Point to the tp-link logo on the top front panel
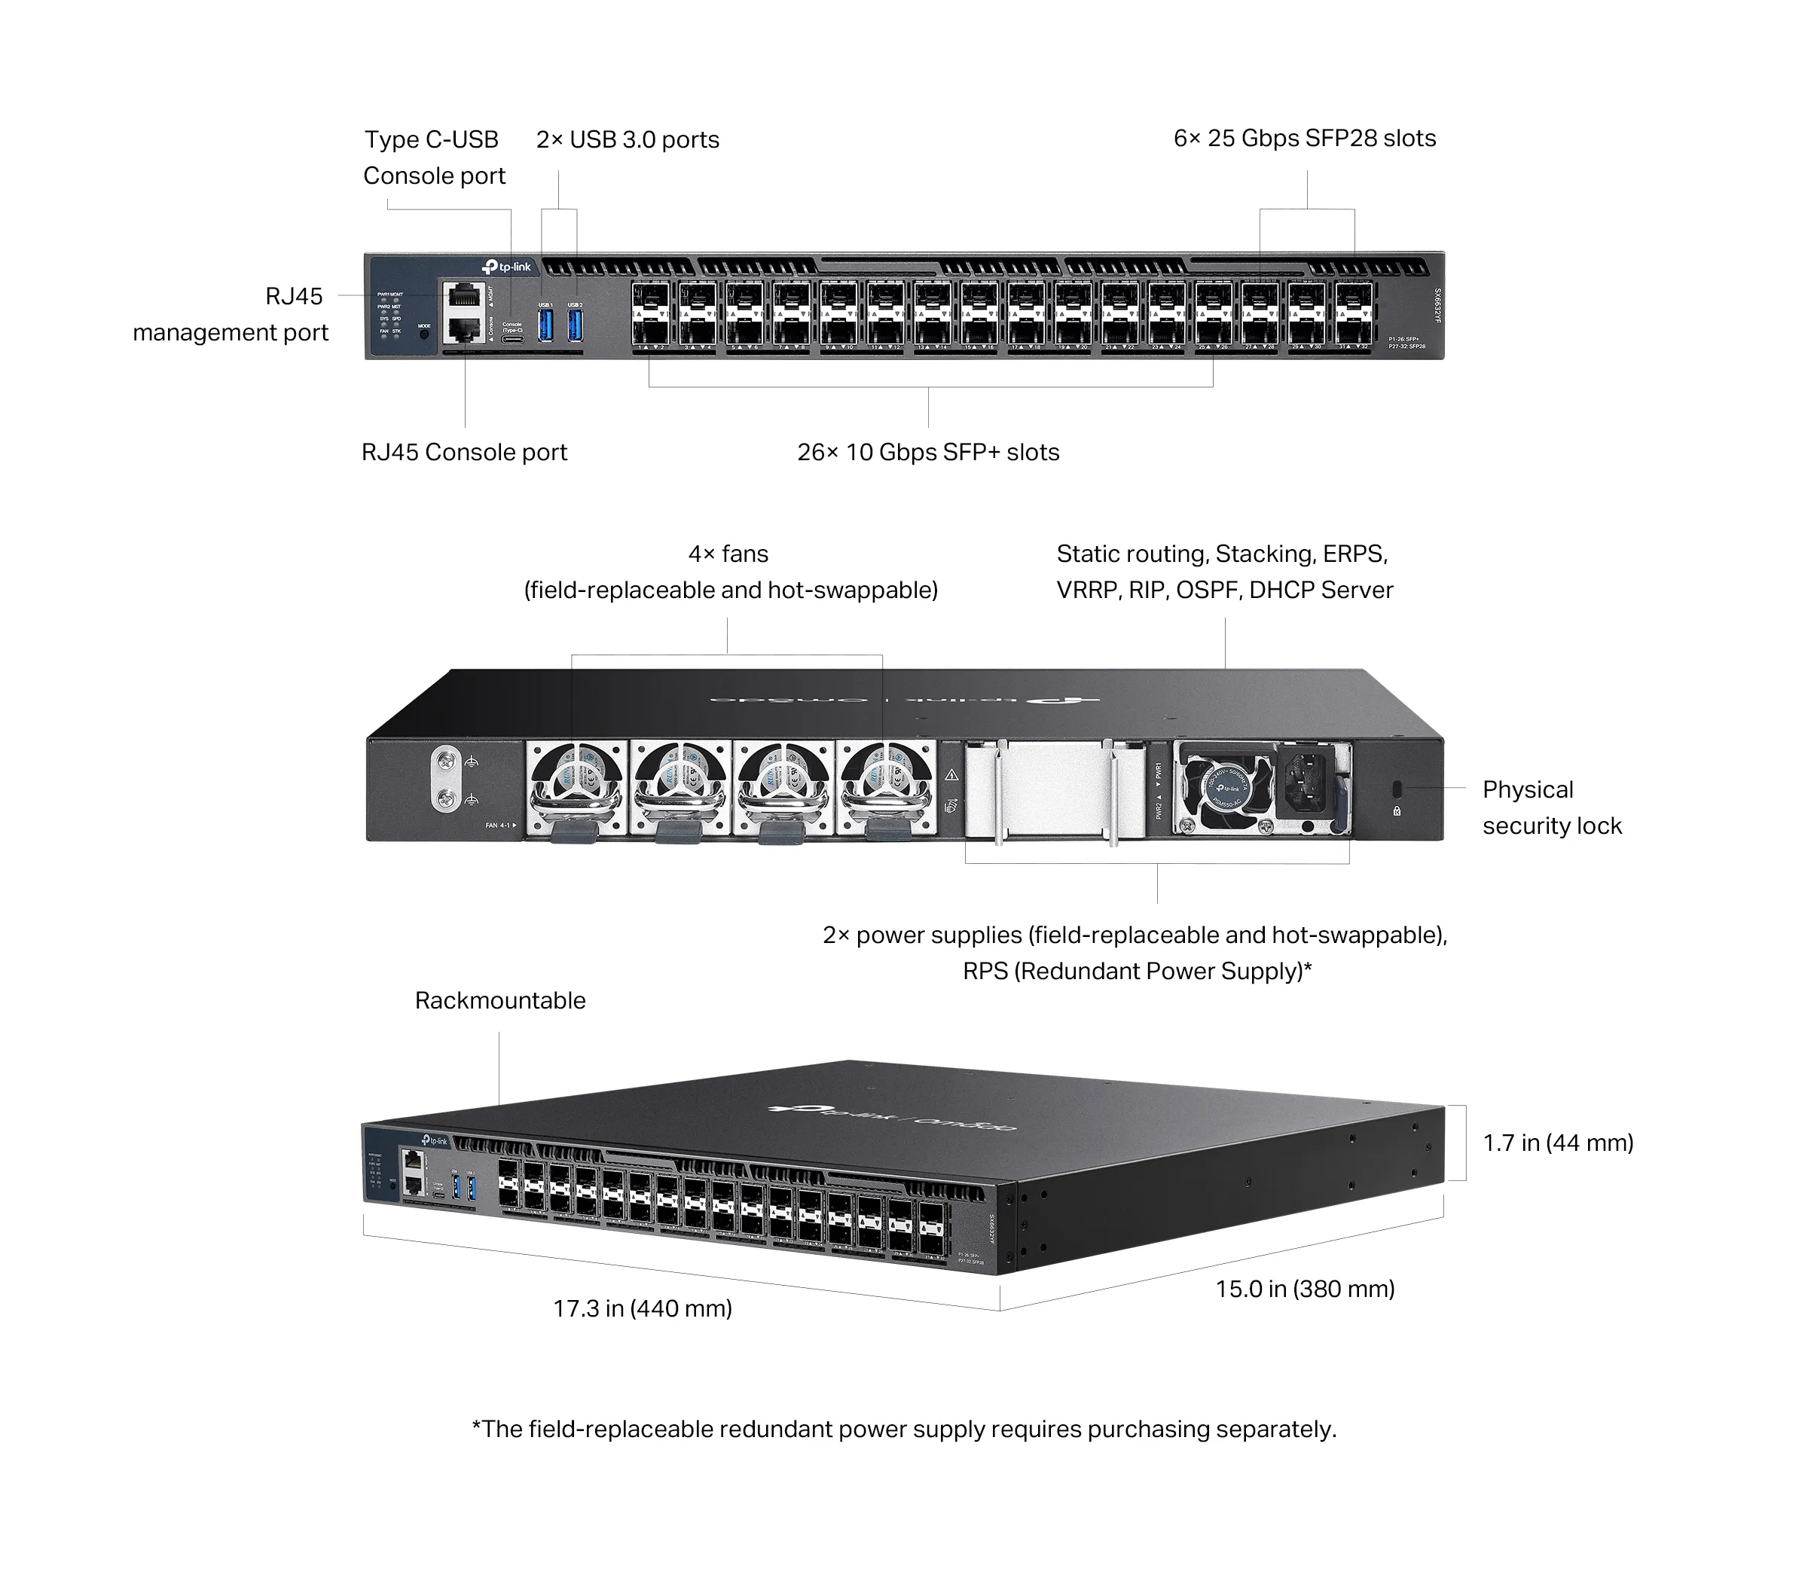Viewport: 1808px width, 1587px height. (x=507, y=267)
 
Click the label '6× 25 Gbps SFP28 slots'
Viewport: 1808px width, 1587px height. (x=1304, y=139)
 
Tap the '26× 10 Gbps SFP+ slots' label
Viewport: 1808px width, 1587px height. (x=928, y=452)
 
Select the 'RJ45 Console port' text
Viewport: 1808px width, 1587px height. (x=463, y=452)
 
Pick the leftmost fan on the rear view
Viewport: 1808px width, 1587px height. (x=577, y=786)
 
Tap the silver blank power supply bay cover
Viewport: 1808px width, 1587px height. (x=1052, y=789)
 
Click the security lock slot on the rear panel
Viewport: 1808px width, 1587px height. (x=1397, y=787)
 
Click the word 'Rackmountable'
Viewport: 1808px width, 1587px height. (x=499, y=1000)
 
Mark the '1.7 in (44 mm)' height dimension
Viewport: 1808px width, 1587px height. (x=1558, y=1143)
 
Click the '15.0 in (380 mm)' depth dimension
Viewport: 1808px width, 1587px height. (x=1305, y=1289)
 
